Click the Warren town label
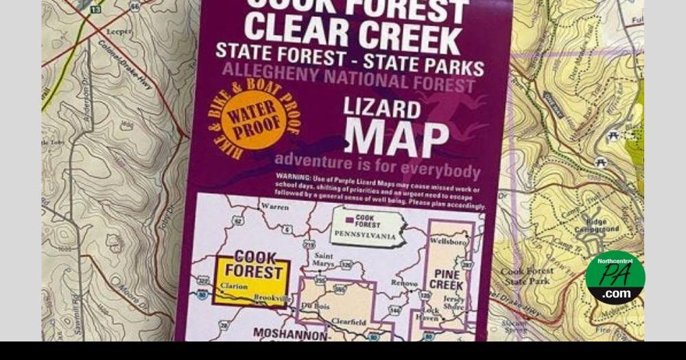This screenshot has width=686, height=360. (x=275, y=206)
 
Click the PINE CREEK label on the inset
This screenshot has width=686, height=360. (x=447, y=280)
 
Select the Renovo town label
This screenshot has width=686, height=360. (x=403, y=283)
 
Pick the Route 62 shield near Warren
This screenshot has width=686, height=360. (x=237, y=221)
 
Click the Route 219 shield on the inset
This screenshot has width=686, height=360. (x=309, y=245)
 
